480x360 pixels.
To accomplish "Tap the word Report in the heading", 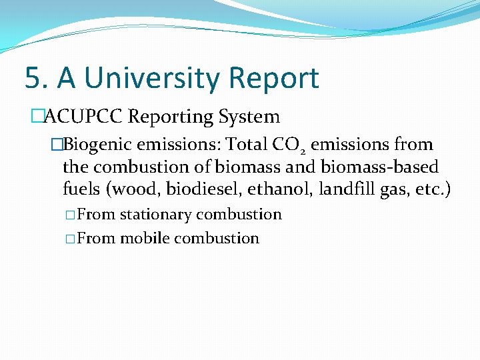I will pyautogui.click(x=274, y=78).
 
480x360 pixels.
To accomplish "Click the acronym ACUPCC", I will pyautogui.click(x=83, y=117).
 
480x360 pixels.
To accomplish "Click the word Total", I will pyautogui.click(x=246, y=145).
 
